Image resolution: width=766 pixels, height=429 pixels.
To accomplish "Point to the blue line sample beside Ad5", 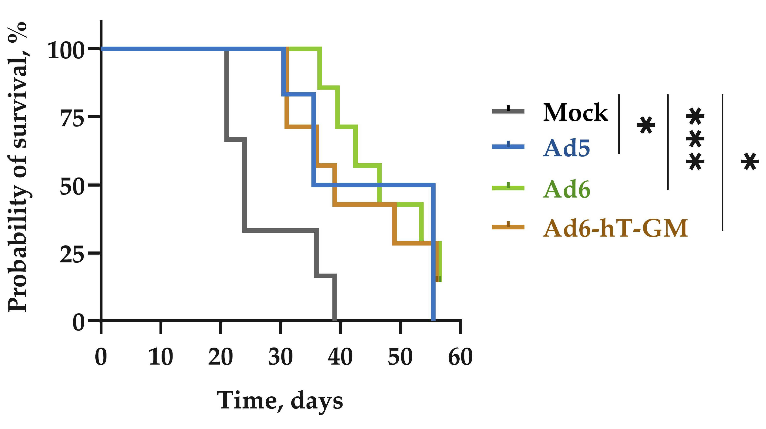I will (x=508, y=146).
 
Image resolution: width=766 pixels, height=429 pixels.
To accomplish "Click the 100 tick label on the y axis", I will (x=66, y=50).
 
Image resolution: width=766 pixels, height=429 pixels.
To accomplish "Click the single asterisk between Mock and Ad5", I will (x=646, y=125).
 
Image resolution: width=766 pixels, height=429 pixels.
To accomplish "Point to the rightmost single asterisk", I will (x=750, y=161).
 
